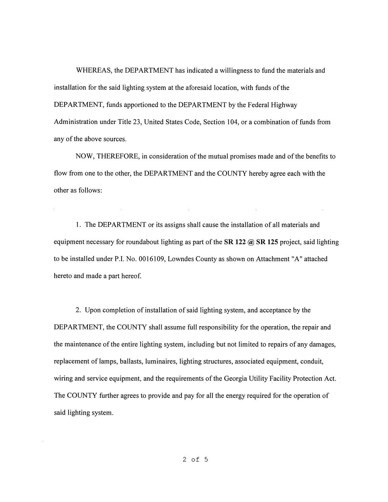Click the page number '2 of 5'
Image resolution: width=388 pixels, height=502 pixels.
coord(195,459)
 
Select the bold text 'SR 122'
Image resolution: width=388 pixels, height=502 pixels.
coord(235,242)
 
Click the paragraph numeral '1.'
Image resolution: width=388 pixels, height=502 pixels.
coord(79,225)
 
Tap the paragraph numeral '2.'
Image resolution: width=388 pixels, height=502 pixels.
coord(79,310)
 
